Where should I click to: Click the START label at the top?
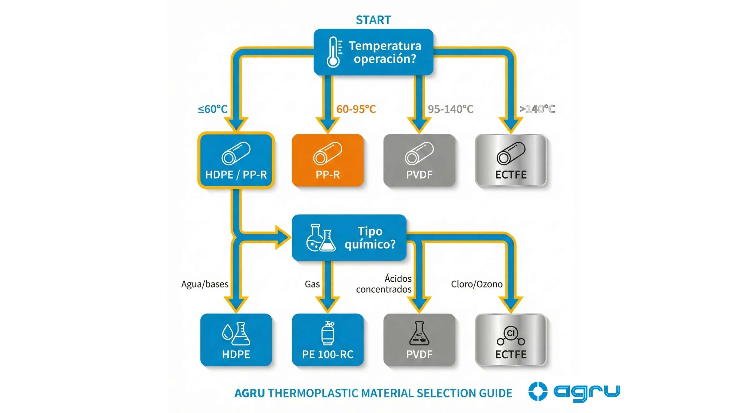[373, 20]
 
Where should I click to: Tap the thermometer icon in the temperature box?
[334, 52]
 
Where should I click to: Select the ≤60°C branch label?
[213, 109]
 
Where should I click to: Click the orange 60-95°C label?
[356, 109]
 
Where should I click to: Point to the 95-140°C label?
[450, 109]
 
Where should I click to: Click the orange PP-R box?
[328, 160]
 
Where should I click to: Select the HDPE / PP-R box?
[236, 160]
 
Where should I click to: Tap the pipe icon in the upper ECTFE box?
[511, 153]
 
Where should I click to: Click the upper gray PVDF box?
[419, 160]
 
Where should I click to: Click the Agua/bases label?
[205, 284]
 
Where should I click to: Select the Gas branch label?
[312, 284]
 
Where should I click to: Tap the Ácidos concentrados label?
[384, 284]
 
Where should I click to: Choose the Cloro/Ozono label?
[477, 284]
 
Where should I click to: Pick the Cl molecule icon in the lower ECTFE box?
[511, 335]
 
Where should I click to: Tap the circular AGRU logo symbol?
[538, 392]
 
